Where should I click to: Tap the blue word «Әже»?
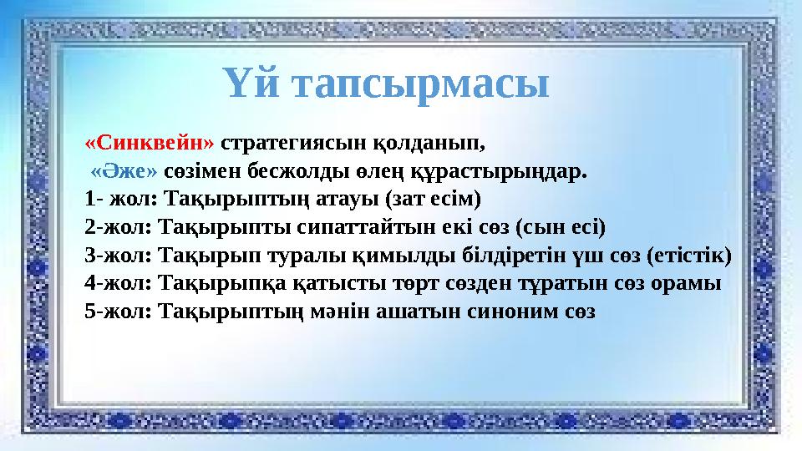pyautogui.click(x=124, y=171)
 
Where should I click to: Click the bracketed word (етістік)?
pyautogui.click(x=694, y=255)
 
